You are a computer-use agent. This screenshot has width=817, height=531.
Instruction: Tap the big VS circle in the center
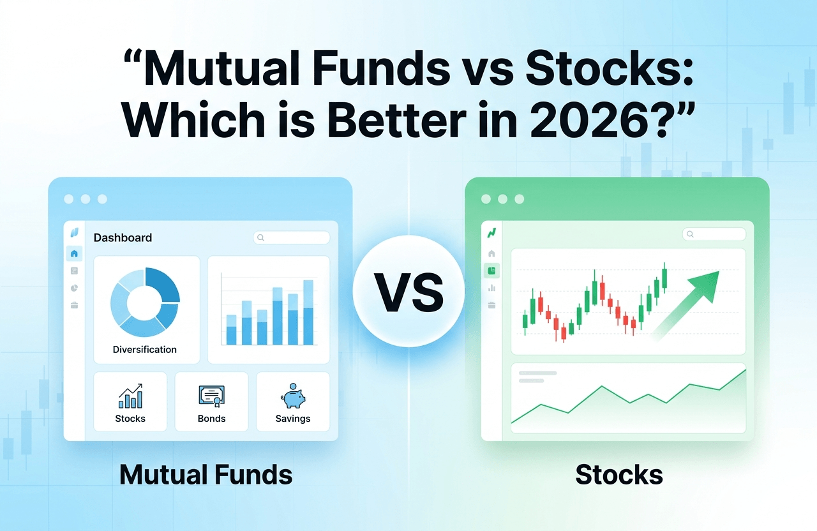click(408, 291)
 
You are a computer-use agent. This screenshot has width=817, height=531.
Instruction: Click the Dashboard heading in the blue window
click(123, 238)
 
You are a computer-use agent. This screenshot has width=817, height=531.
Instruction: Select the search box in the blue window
click(292, 238)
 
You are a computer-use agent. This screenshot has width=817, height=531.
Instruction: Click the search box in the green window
click(714, 234)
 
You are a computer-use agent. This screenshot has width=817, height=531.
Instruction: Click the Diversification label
click(144, 349)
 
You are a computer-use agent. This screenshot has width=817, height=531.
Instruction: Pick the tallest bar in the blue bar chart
click(308, 313)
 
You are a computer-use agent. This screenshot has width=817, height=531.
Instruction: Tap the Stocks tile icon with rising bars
click(130, 396)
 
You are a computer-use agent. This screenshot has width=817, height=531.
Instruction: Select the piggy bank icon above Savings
click(293, 396)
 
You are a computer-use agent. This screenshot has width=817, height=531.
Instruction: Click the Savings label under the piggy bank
click(293, 418)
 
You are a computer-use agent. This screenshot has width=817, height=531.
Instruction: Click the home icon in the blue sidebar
click(74, 253)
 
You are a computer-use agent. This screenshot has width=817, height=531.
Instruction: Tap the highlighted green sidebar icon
click(491, 271)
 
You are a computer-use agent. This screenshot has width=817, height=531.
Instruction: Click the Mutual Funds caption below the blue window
click(206, 475)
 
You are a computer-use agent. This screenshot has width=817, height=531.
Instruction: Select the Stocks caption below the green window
click(619, 475)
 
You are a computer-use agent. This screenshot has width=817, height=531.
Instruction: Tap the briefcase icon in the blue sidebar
click(74, 305)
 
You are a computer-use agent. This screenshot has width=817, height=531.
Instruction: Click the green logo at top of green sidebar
click(491, 233)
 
